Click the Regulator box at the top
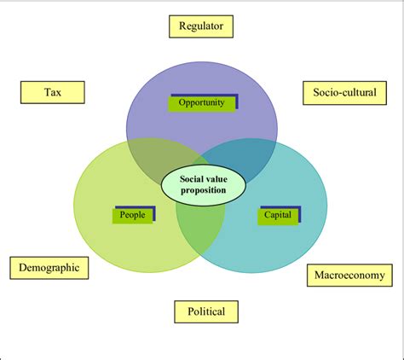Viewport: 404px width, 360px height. click(x=201, y=26)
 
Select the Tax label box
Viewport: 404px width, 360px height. click(x=52, y=91)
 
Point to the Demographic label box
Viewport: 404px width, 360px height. click(x=49, y=268)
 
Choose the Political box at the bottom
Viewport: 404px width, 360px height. click(x=206, y=311)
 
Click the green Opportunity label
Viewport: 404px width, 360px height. click(x=202, y=103)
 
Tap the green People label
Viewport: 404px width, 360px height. click(x=132, y=215)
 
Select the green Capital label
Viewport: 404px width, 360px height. click(x=277, y=215)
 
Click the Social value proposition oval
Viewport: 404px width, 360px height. click(x=203, y=184)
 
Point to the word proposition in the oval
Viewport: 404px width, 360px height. click(x=203, y=190)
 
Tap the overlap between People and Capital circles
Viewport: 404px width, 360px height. click(x=199, y=224)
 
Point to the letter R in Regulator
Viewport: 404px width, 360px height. click(x=182, y=26)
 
